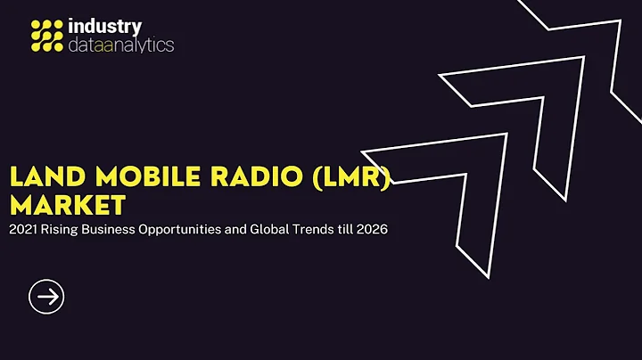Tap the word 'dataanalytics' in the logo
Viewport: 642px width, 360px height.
[x=121, y=45]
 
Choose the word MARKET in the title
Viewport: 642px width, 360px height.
[x=66, y=206]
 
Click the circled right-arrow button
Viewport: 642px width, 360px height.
[x=46, y=296]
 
